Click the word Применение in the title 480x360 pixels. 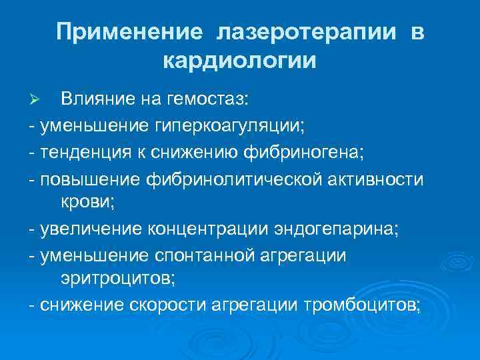[128, 33]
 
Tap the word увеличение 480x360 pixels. [89, 230]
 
